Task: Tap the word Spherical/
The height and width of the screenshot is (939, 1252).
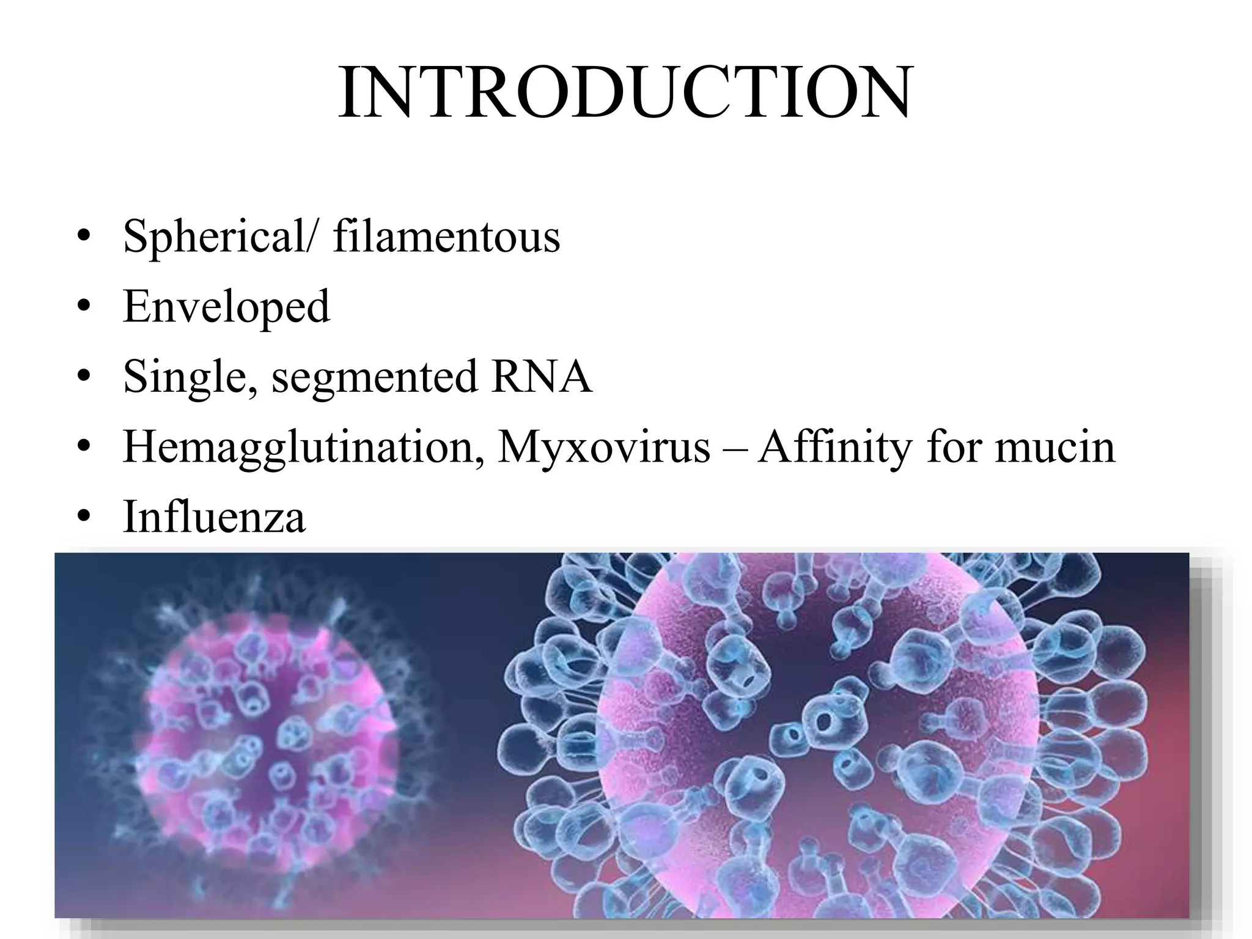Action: point(220,237)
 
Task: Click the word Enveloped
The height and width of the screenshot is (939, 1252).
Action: point(226,307)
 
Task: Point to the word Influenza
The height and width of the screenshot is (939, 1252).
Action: point(214,517)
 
